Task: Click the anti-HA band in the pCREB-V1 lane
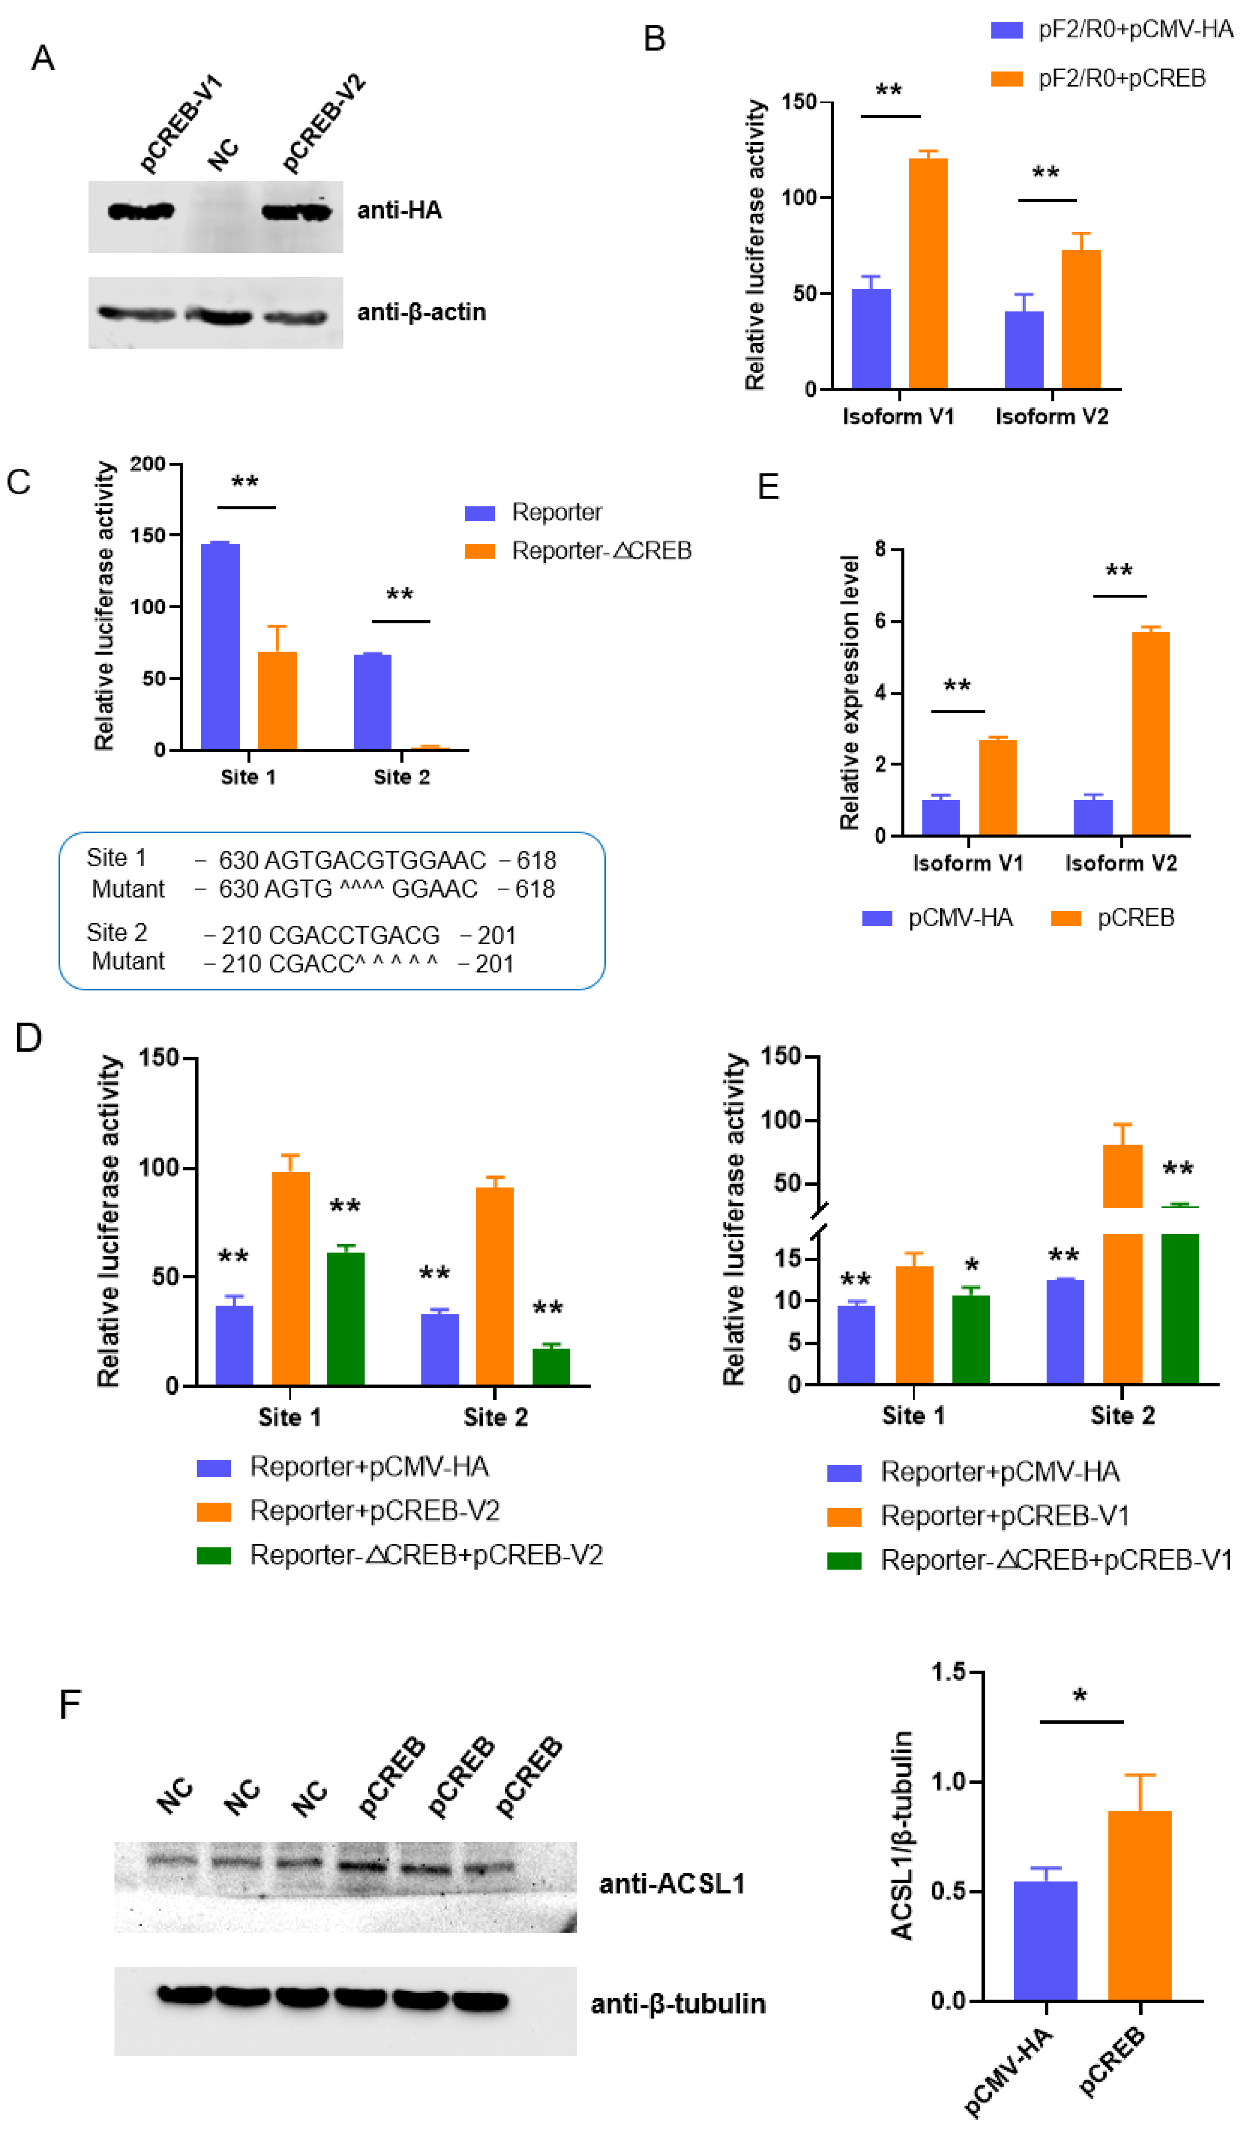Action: [x=140, y=211]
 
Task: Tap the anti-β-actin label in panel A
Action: [x=421, y=312]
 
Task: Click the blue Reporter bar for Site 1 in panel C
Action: [x=220, y=646]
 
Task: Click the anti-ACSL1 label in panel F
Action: [x=672, y=1884]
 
